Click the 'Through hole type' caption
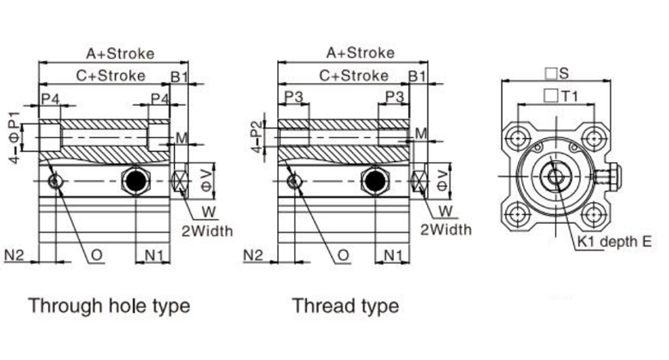click(x=109, y=305)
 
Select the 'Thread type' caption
click(x=345, y=305)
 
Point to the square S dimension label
click(x=563, y=73)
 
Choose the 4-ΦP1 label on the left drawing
click(x=13, y=135)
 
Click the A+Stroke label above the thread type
click(x=360, y=52)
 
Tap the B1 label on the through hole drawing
click(x=179, y=75)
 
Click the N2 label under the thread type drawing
click(x=254, y=255)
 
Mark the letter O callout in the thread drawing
click(x=343, y=255)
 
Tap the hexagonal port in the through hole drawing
click(x=136, y=181)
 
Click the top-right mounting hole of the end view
click(x=592, y=136)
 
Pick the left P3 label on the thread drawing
click(x=295, y=96)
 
